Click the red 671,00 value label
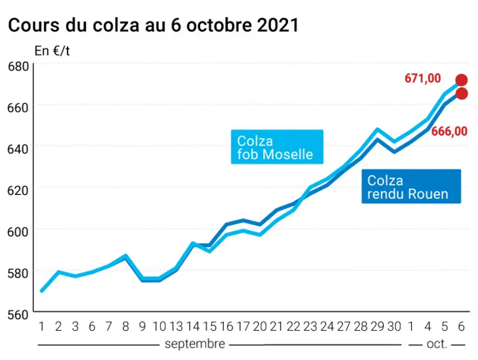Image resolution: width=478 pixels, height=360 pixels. (x=422, y=78)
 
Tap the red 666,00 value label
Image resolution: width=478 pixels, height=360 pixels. (x=449, y=131)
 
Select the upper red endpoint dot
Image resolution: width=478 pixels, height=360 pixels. (x=461, y=80)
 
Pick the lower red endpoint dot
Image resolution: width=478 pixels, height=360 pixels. (x=462, y=94)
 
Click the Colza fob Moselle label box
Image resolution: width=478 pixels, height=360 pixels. (x=277, y=147)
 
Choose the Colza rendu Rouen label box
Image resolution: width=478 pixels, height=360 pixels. (x=411, y=186)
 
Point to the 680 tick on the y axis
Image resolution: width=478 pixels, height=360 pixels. (x=18, y=66)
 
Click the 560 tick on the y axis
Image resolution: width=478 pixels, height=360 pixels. (x=18, y=314)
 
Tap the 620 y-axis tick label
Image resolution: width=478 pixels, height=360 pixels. (x=18, y=191)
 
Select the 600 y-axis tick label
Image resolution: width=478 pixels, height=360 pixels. (x=18, y=232)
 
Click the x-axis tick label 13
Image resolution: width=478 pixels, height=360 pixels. (x=176, y=326)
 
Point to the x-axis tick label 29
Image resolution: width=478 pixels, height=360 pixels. (x=377, y=326)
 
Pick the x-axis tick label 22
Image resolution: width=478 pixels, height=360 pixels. (x=293, y=326)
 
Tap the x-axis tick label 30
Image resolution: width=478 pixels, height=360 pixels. (x=394, y=326)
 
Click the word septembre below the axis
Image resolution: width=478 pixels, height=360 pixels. (x=195, y=344)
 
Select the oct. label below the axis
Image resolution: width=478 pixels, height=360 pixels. (x=437, y=344)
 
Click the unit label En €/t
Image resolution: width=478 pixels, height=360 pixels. (x=52, y=51)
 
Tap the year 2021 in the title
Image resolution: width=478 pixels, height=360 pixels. (x=278, y=25)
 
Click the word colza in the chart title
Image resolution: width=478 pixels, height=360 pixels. (x=116, y=25)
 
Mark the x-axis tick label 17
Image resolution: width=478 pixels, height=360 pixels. (x=243, y=326)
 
